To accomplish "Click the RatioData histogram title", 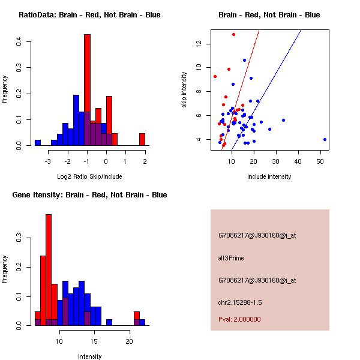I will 89,15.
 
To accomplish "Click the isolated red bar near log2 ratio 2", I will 142,139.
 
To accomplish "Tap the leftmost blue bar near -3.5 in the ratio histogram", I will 38,143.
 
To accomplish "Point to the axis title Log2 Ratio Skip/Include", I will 89,176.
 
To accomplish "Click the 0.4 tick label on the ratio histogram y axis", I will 20,41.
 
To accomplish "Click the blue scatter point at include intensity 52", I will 325,139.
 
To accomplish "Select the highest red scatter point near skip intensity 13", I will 233,34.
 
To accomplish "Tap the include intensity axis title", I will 269,176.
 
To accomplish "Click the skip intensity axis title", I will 185,91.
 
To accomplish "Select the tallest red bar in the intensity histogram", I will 49,270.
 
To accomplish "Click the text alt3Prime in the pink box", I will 231,258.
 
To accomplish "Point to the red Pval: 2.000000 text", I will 239,319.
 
